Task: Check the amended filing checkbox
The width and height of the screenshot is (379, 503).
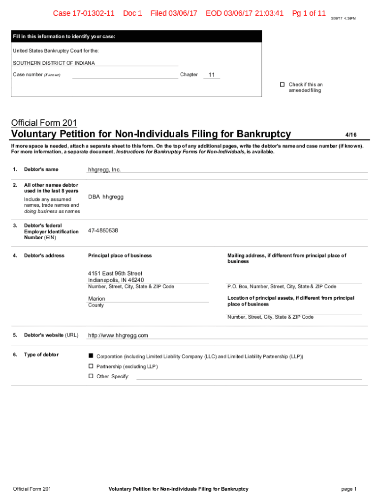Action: pyautogui.click(x=283, y=84)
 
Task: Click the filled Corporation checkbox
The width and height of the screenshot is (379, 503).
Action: pyautogui.click(x=91, y=356)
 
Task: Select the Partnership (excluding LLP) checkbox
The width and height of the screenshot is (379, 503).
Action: pyautogui.click(x=91, y=366)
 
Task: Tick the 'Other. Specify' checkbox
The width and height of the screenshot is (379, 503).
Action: pyautogui.click(x=91, y=376)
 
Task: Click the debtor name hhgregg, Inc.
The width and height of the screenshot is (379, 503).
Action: pyautogui.click(x=104, y=169)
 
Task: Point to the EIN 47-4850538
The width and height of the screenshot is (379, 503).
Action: pyautogui.click(x=103, y=230)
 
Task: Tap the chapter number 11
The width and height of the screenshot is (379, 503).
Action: pyautogui.click(x=212, y=75)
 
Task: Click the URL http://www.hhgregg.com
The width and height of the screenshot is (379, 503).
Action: pyautogui.click(x=118, y=335)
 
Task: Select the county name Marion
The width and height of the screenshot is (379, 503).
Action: pyautogui.click(x=96, y=299)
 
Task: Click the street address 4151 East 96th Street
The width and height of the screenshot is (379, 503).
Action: pyautogui.click(x=115, y=273)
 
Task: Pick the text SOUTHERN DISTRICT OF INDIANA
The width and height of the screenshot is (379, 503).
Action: pyautogui.click(x=54, y=63)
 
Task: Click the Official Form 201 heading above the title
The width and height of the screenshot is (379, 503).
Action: pyautogui.click(x=44, y=123)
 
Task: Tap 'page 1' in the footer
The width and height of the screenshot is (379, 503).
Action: pyautogui.click(x=348, y=489)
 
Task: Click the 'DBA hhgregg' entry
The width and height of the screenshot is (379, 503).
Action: pyautogui.click(x=106, y=197)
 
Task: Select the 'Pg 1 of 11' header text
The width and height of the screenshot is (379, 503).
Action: pyautogui.click(x=309, y=13)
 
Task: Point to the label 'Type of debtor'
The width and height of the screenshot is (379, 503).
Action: pyautogui.click(x=41, y=355)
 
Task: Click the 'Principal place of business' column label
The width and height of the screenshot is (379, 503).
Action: pyautogui.click(x=120, y=255)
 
